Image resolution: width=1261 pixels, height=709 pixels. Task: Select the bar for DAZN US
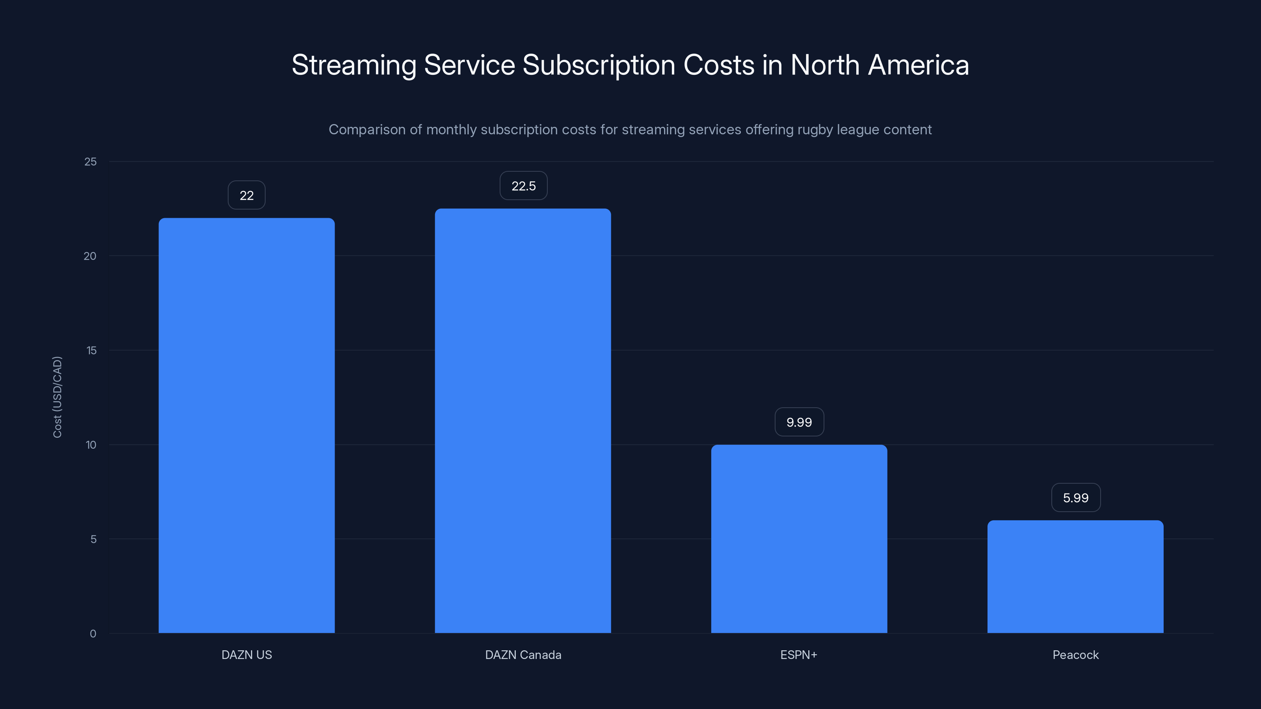click(246, 425)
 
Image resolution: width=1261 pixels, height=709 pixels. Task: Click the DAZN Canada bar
click(523, 420)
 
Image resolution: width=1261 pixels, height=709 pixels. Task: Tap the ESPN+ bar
click(799, 538)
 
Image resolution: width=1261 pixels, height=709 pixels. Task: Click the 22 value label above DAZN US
click(246, 195)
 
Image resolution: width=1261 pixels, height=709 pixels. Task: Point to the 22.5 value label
click(523, 186)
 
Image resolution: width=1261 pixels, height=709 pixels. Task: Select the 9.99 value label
click(799, 422)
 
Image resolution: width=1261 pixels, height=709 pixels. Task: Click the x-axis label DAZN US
click(246, 655)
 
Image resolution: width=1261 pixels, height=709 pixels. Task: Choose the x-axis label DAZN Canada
click(523, 655)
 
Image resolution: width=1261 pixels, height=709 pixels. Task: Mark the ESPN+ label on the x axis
click(798, 655)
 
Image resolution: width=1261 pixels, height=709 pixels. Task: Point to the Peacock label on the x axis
click(1075, 655)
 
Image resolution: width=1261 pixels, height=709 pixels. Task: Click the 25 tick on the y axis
click(91, 161)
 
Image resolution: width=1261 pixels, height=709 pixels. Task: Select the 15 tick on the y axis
click(91, 350)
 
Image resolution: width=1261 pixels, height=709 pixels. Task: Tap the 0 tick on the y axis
click(93, 634)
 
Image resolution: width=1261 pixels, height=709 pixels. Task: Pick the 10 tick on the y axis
click(91, 445)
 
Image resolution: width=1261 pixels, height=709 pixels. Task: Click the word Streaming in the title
click(353, 65)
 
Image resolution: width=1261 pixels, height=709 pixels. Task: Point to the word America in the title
click(918, 65)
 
